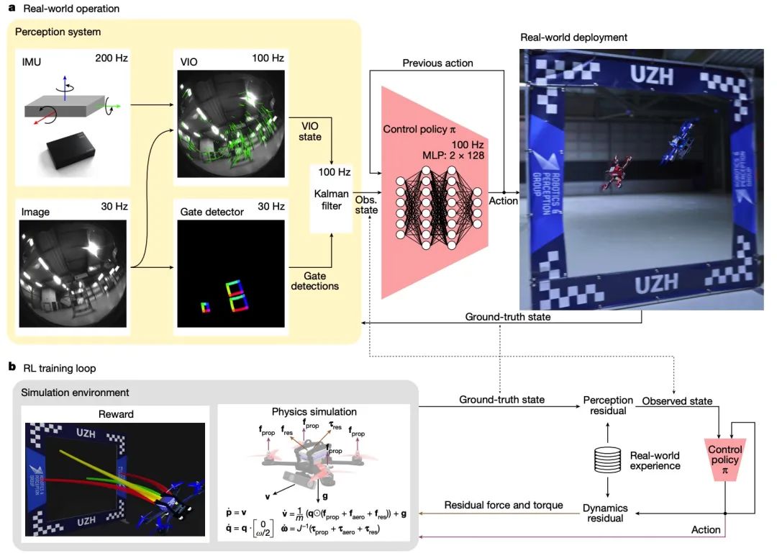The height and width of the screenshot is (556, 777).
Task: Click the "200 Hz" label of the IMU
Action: (111, 58)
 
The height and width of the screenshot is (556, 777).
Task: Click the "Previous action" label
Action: (437, 63)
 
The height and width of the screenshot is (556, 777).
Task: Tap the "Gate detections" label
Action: (314, 281)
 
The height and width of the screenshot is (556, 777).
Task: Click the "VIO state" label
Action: (310, 132)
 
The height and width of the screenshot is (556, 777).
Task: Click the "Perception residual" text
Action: (608, 405)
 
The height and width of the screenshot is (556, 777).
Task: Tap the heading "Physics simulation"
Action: (313, 412)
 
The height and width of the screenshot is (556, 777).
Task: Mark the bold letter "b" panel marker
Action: (12, 367)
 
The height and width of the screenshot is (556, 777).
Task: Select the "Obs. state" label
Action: (368, 204)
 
